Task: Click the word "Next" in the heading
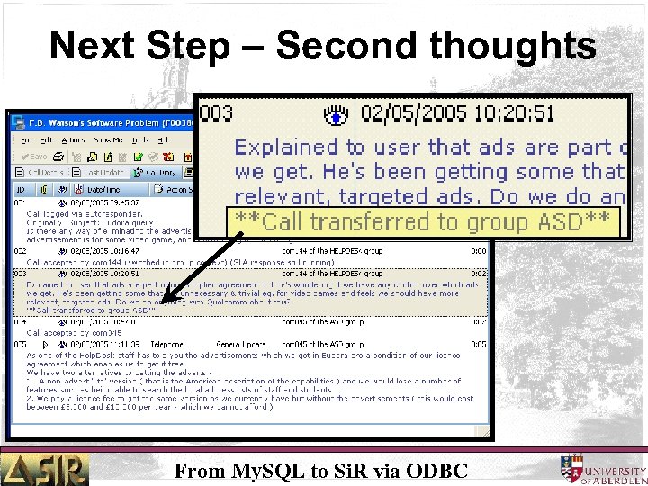tap(85, 44)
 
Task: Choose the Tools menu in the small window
tap(140, 139)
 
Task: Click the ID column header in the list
tap(20, 189)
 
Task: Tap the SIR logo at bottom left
tap(45, 468)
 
